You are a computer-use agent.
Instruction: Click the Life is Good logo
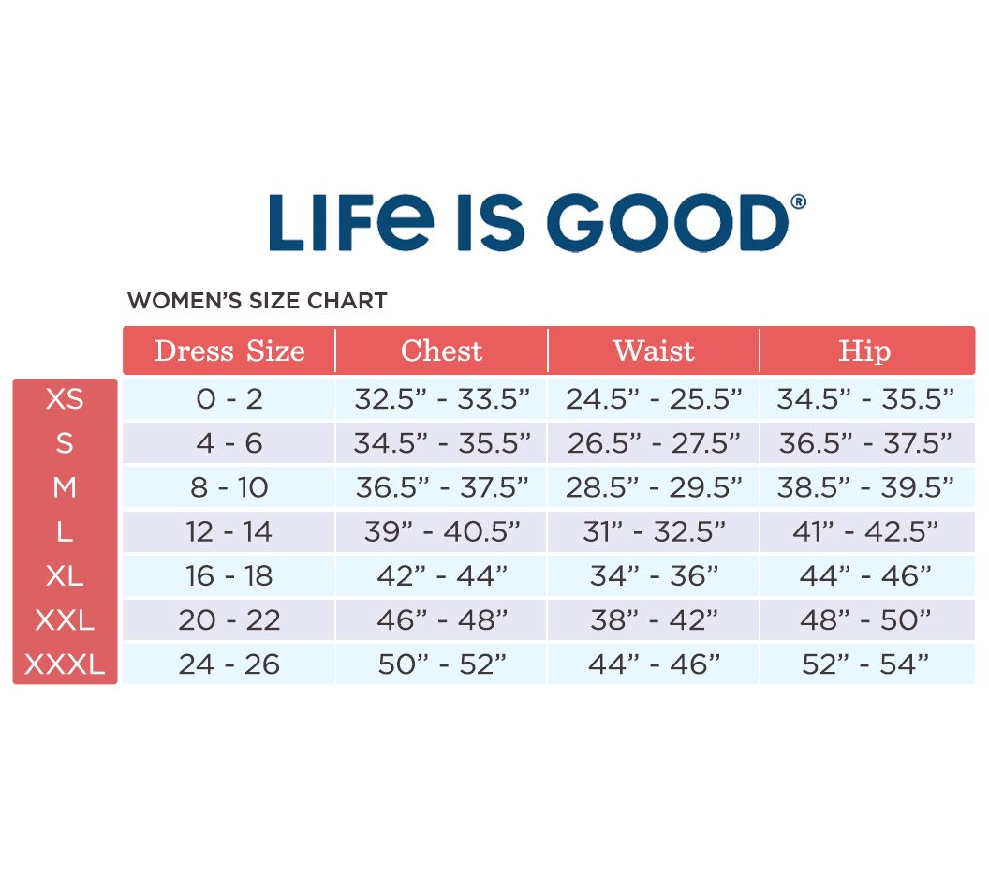pos(535,222)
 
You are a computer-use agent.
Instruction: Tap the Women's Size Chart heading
pos(257,301)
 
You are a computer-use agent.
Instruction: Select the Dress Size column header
pos(229,351)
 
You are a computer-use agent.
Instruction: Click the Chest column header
pos(441,351)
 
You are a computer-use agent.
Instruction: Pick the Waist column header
pos(654,351)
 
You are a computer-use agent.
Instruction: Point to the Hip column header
pos(864,351)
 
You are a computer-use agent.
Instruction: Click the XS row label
pos(65,399)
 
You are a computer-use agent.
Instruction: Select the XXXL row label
pos(65,664)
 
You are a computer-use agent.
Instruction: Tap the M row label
pos(65,487)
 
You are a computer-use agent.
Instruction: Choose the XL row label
pos(65,575)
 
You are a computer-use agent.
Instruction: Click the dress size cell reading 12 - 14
pos(229,531)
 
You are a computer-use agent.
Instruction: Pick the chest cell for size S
pos(442,443)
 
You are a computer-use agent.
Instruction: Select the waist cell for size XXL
pos(654,619)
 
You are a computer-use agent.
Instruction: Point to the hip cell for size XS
pos(865,399)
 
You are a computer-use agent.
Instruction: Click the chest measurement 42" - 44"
pos(442,575)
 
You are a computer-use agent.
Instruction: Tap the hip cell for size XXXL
pos(865,664)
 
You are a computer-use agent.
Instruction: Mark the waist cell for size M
pos(654,487)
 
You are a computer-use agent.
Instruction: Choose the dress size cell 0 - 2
pos(229,399)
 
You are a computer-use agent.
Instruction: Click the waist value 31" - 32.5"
pos(654,531)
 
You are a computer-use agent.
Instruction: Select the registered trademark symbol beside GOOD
pos(798,201)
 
